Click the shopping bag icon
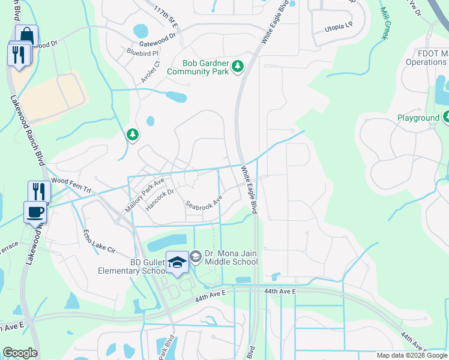[26, 35]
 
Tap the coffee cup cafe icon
[34, 212]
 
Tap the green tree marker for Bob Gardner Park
[238, 66]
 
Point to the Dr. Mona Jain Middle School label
[231, 257]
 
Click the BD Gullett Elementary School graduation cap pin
[177, 263]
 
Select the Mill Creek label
[384, 23]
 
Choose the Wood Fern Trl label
[71, 184]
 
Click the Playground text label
[418, 118]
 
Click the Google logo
[20, 353]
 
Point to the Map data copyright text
[411, 355]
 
